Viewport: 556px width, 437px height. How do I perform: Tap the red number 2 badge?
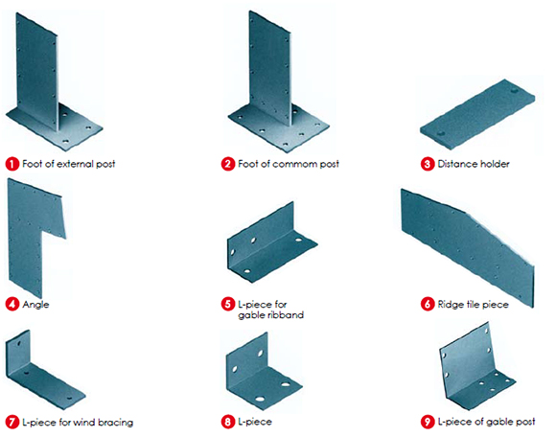(227, 164)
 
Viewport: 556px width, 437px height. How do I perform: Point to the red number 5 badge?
(227, 305)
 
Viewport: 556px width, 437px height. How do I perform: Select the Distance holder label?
(474, 164)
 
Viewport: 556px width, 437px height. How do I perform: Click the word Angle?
(37, 305)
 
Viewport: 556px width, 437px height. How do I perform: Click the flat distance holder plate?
(475, 116)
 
